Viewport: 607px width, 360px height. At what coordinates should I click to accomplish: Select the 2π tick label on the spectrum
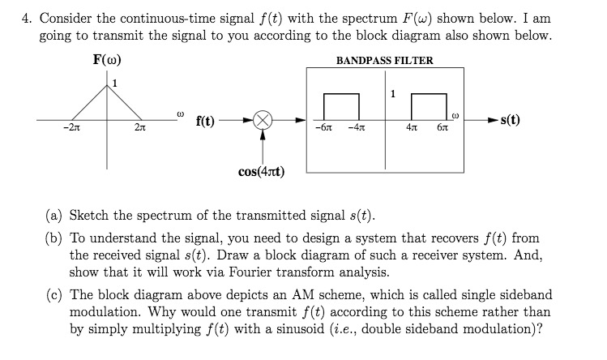click(139, 129)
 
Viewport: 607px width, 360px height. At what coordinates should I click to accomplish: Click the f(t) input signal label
click(205, 121)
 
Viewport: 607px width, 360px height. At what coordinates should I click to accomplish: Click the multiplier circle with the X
click(263, 121)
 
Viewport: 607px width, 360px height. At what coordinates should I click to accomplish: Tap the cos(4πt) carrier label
click(263, 171)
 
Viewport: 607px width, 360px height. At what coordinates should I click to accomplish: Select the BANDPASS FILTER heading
click(385, 61)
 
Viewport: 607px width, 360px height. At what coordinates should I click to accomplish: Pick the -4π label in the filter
click(356, 129)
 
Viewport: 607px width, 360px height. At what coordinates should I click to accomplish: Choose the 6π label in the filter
click(442, 129)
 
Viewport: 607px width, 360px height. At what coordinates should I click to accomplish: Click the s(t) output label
click(511, 121)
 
